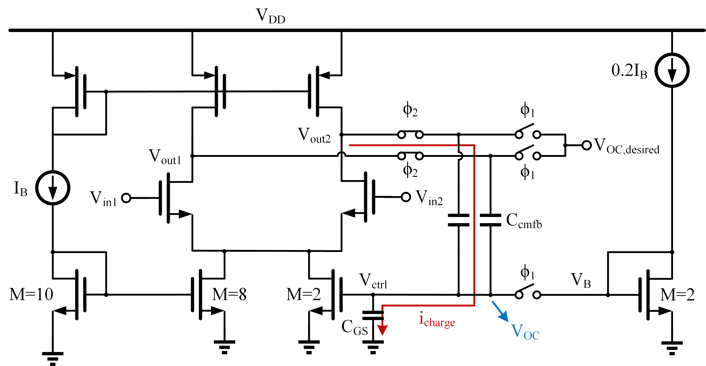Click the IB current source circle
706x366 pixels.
click(x=53, y=188)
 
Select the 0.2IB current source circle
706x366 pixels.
click(x=672, y=70)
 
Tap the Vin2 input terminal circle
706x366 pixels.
click(x=406, y=197)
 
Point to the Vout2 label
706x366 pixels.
click(x=314, y=135)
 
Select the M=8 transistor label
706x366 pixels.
click(x=229, y=295)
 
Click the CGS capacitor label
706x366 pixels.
click(x=354, y=327)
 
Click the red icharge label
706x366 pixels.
click(x=437, y=320)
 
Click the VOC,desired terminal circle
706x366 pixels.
click(x=586, y=145)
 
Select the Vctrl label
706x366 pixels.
click(x=373, y=281)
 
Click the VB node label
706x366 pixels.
click(x=580, y=281)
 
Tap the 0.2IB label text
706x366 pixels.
click(x=629, y=71)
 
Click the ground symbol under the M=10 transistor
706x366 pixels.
click(x=53, y=358)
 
